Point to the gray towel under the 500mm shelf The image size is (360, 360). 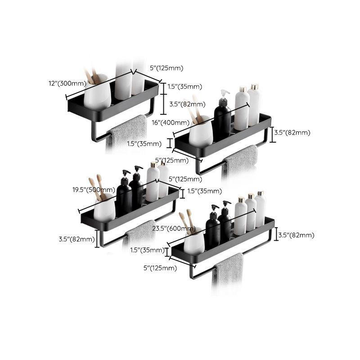point(140,232)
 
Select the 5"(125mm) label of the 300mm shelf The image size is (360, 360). point(166,68)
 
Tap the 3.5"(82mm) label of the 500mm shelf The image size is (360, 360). point(77,239)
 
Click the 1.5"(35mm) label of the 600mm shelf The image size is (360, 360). point(147,250)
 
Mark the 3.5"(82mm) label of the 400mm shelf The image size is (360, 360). point(293,132)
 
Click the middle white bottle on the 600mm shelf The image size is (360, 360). point(251,211)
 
